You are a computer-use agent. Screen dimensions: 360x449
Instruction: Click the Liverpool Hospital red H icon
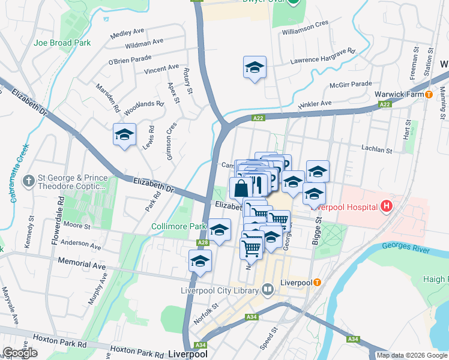[x=386, y=207]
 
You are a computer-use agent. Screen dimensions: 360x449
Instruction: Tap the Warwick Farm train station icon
[x=429, y=94]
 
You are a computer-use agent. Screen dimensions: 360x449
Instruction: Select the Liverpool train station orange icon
[x=317, y=282]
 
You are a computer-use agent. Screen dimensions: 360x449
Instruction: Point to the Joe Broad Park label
[x=62, y=43]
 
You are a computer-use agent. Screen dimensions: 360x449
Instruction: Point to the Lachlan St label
[x=376, y=148]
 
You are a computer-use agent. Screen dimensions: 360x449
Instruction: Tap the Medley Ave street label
[x=128, y=32]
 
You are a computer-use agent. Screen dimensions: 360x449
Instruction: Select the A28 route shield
[x=203, y=242]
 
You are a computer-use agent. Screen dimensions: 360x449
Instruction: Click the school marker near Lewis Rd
[x=124, y=134]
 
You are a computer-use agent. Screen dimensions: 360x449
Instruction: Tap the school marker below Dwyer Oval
[x=255, y=67]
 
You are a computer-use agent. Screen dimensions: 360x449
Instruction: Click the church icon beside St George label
[x=28, y=180]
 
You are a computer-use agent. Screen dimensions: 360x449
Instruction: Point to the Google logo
[x=20, y=352]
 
